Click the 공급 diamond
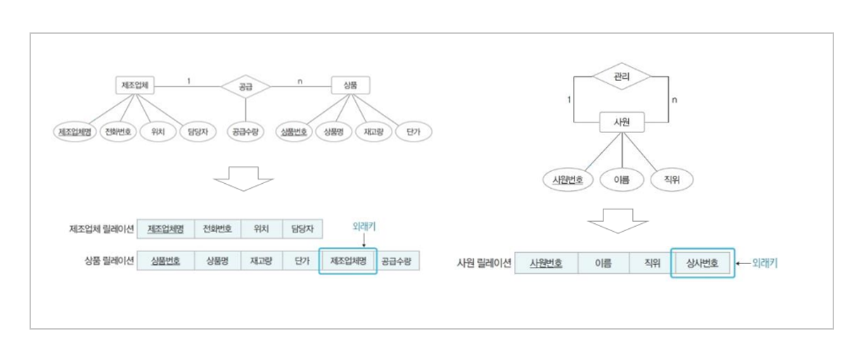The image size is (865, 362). [x=245, y=87]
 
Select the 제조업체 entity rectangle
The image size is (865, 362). [x=134, y=85]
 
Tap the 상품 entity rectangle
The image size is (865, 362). [x=350, y=85]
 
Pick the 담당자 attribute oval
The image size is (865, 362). [x=194, y=131]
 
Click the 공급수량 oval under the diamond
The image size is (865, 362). [x=245, y=131]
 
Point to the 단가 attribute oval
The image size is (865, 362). [x=414, y=131]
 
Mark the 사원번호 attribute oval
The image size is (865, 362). [x=568, y=180]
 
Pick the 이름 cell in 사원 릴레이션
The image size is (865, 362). [x=603, y=263]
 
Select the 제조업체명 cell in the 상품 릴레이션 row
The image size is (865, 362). [x=347, y=261]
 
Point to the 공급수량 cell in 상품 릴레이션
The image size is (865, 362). [x=398, y=261]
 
